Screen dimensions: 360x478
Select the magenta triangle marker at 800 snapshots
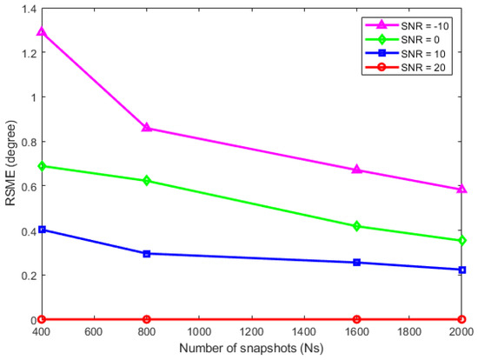click(x=146, y=128)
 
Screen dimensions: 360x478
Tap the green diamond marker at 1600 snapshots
click(x=356, y=226)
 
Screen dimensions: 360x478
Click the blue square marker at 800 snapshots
click(x=146, y=254)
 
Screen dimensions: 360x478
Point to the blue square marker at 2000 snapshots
click(x=461, y=270)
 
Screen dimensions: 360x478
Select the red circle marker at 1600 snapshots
click(x=356, y=319)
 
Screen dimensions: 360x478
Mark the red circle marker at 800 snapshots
click(x=146, y=319)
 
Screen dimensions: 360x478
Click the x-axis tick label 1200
click(x=251, y=332)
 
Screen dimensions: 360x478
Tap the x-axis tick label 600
click(x=94, y=332)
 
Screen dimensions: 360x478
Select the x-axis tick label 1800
click(x=408, y=332)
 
